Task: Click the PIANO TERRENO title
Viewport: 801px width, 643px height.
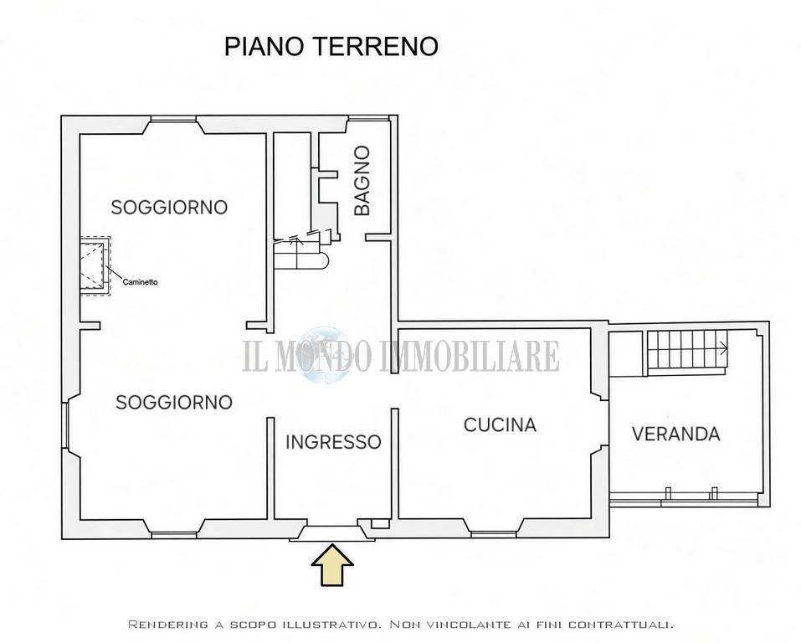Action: (x=331, y=46)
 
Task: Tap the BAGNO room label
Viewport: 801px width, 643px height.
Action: (x=362, y=181)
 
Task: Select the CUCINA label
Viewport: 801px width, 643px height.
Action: (x=500, y=424)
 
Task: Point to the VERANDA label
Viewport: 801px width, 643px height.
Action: (x=675, y=434)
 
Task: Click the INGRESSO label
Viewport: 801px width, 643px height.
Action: (x=333, y=442)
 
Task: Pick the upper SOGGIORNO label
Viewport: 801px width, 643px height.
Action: (x=169, y=207)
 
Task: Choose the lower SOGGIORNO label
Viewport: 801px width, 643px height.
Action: (x=174, y=402)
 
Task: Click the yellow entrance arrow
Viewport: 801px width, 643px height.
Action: (x=332, y=564)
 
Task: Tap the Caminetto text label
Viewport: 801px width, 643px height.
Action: (x=140, y=282)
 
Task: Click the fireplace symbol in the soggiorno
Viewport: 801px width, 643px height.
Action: (x=95, y=265)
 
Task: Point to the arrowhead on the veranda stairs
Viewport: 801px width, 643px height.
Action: (x=724, y=349)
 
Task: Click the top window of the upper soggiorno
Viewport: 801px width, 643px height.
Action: (x=174, y=121)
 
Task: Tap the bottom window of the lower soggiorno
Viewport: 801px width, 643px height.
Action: (x=174, y=535)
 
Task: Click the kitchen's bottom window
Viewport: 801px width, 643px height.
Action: (x=494, y=535)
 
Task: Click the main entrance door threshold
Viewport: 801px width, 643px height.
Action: (x=332, y=532)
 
